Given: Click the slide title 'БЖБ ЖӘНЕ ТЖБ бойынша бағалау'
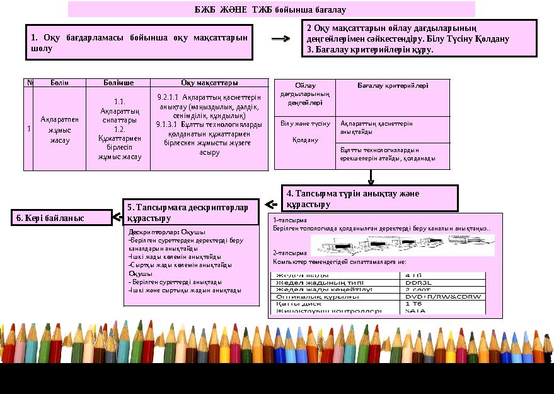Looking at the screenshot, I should [x=270, y=10].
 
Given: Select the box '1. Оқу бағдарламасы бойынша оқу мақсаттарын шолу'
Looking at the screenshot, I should [x=139, y=43].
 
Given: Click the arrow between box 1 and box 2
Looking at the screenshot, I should [x=280, y=39].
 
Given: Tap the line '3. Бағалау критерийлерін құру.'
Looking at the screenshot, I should [x=370, y=49].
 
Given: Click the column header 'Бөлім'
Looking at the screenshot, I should [x=59, y=83].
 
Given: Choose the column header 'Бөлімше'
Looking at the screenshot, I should [x=118, y=83].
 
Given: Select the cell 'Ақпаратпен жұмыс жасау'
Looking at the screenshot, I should [x=59, y=129].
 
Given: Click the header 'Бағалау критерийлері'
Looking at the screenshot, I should [x=393, y=85].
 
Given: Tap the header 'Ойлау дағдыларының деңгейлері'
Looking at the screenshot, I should [x=305, y=94].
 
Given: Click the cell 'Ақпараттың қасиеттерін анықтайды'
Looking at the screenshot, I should [x=376, y=128].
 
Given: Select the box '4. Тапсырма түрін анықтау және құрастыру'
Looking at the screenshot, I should [x=369, y=198].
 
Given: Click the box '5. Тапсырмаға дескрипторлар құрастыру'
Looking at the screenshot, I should [x=191, y=212].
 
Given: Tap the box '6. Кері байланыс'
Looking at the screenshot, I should [x=61, y=218].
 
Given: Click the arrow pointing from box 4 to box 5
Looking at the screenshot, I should [x=271, y=205].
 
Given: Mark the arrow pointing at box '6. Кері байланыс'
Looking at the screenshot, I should [x=117, y=218].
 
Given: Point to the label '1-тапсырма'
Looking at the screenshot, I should [x=286, y=220].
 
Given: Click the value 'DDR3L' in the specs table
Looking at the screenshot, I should [x=418, y=282].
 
